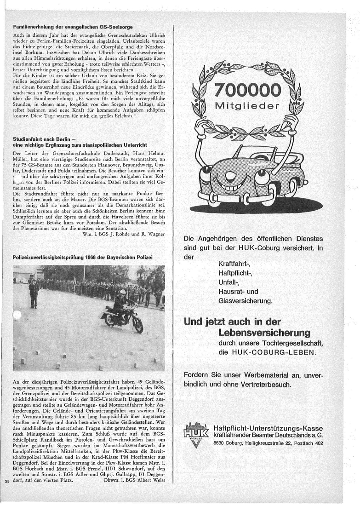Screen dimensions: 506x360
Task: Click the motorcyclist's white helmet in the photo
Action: click(x=123, y=292)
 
